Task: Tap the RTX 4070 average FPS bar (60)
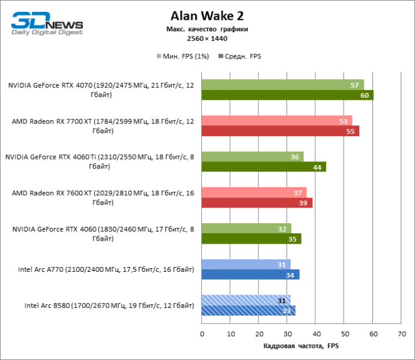coord(287,95)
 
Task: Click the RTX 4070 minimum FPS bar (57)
coord(282,85)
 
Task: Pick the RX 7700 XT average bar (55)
coord(280,131)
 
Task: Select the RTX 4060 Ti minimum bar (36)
coord(252,157)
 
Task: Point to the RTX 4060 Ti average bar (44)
coord(264,167)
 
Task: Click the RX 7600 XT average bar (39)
coord(257,203)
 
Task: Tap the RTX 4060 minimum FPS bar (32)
coord(246,229)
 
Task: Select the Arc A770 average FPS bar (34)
coord(250,275)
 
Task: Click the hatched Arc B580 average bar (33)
coord(248,310)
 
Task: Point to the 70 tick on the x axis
coord(401,334)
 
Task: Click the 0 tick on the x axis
coord(202,334)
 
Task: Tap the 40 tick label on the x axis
coord(316,334)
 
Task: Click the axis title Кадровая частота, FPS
coord(301,346)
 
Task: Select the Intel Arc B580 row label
coord(109,305)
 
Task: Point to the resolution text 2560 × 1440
coord(207,38)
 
